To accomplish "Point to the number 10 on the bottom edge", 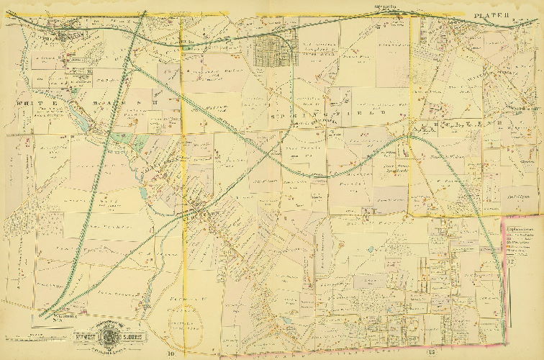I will tap(172, 352).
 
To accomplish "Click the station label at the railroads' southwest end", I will tap(50, 312).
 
